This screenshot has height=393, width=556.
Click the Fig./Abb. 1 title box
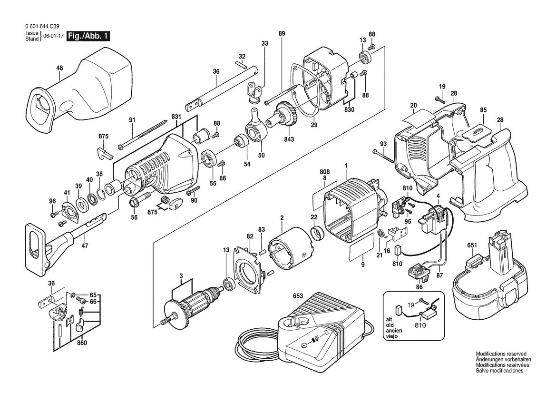tap(88, 36)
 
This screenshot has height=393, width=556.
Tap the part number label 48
tap(59, 68)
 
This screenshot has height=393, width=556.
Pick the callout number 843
tap(289, 139)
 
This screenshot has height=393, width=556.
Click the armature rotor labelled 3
tap(193, 305)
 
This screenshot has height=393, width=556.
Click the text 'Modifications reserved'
tap(501, 354)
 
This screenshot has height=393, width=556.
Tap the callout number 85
tap(483, 110)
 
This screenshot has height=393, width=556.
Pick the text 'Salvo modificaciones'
tap(499, 371)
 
